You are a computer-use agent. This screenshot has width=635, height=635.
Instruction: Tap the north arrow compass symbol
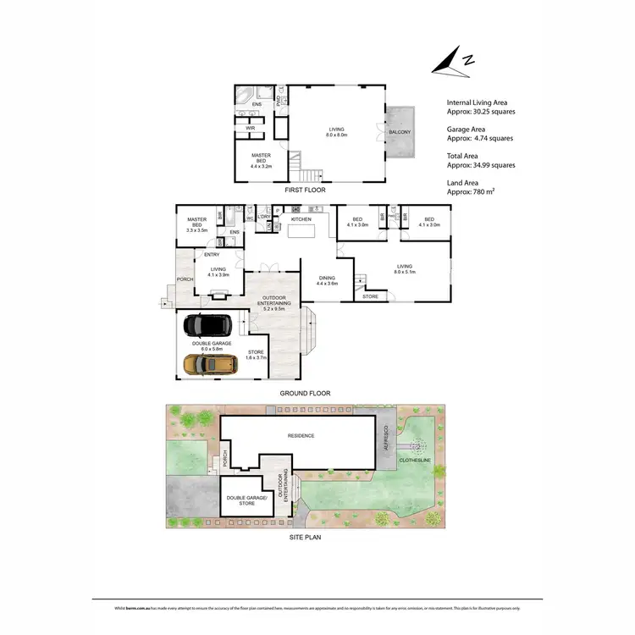(x=450, y=63)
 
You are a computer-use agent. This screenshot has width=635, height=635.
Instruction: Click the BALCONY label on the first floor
(x=399, y=132)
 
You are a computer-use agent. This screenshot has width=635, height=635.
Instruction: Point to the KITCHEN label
(x=301, y=219)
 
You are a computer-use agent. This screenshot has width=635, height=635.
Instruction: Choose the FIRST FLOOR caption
(x=304, y=190)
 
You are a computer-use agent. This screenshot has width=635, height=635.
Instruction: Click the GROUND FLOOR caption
(x=306, y=394)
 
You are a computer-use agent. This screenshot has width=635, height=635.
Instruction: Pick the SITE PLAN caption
(x=304, y=536)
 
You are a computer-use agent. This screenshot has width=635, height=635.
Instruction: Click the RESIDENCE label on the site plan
(x=301, y=436)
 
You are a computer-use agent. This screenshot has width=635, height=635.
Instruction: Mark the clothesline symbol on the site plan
(x=417, y=446)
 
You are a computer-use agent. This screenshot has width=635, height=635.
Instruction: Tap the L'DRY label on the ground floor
(x=265, y=217)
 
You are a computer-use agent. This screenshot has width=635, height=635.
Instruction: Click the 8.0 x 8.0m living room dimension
(x=339, y=135)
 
